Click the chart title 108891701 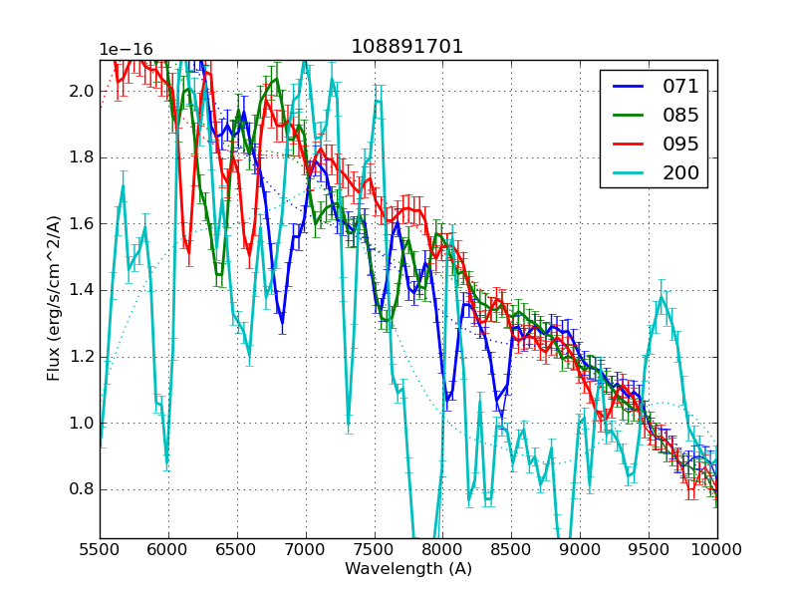pyautogui.click(x=407, y=47)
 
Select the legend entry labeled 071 pyautogui.click(x=681, y=86)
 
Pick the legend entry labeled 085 pyautogui.click(x=681, y=115)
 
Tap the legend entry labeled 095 pyautogui.click(x=681, y=144)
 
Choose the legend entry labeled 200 pyautogui.click(x=681, y=172)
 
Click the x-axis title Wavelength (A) pyautogui.click(x=408, y=569)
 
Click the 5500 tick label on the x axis pyautogui.click(x=100, y=550)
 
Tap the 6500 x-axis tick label pyautogui.click(x=237, y=550)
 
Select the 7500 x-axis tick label pyautogui.click(x=375, y=550)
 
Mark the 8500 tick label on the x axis pyautogui.click(x=512, y=550)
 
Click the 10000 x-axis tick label pyautogui.click(x=717, y=550)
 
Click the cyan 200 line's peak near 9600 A pyautogui.click(x=662, y=296)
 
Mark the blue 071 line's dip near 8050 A pyautogui.click(x=448, y=399)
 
